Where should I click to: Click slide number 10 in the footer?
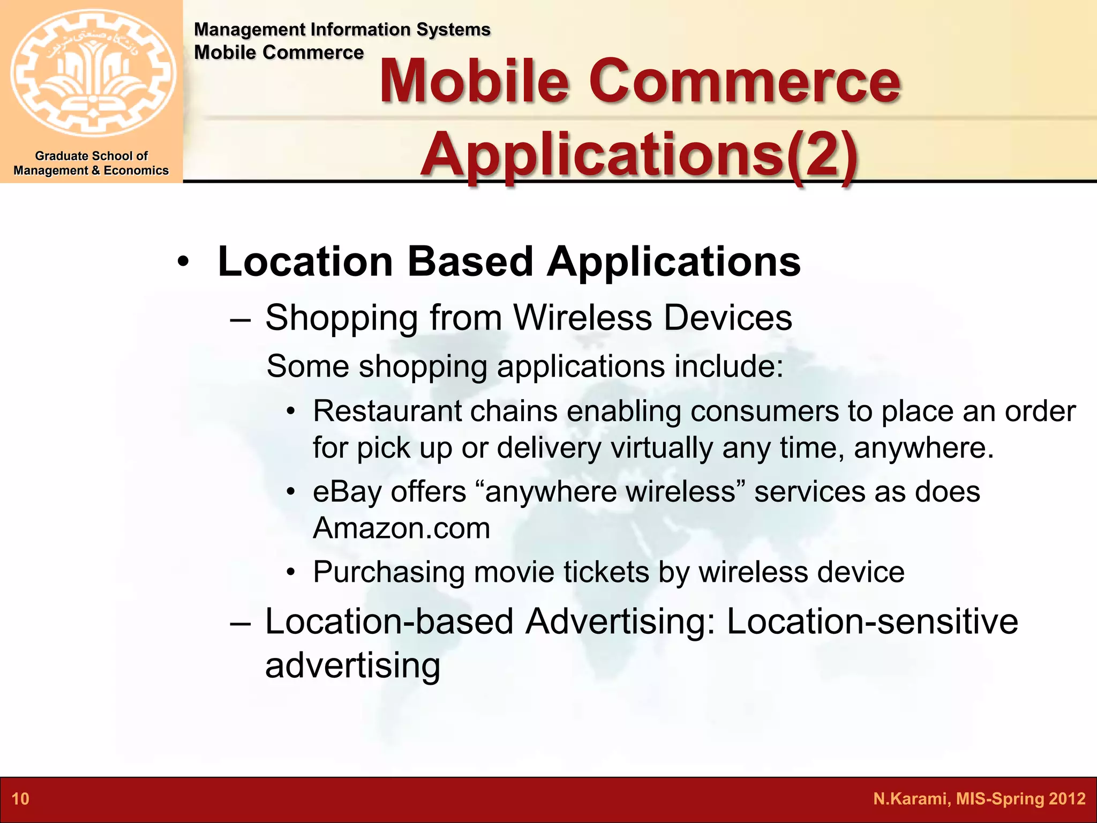[20, 799]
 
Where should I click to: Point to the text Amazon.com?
[402, 528]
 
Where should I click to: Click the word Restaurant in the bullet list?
[387, 411]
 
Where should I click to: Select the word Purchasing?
[389, 572]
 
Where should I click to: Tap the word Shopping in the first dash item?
[341, 318]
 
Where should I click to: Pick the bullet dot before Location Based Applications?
[183, 263]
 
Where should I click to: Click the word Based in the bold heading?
[470, 261]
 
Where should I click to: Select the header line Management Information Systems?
[342, 29]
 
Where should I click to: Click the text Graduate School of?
[91, 156]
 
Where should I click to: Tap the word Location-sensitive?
[872, 622]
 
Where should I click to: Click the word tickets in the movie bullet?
[606, 572]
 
